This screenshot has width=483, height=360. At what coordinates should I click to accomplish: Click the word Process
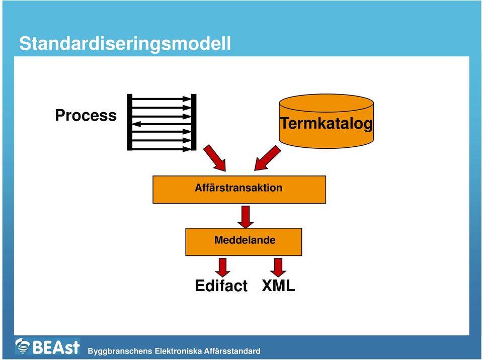[x=86, y=115]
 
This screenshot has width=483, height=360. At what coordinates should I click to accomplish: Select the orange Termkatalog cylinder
[x=326, y=121]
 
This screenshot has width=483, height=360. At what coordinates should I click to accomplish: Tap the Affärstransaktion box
[x=239, y=190]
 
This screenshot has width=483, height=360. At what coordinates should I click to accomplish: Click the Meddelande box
[x=244, y=242]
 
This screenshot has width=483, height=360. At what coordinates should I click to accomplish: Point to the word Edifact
[x=221, y=286]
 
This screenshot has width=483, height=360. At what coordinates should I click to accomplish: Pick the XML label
[x=278, y=286]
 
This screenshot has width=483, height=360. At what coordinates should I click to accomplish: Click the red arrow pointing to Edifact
[x=222, y=267]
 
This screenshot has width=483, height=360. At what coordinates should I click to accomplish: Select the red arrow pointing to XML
[x=278, y=267]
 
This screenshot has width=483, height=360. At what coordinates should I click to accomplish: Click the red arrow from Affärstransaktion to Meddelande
[x=246, y=217]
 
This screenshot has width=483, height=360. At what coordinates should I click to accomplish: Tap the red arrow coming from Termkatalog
[x=267, y=158]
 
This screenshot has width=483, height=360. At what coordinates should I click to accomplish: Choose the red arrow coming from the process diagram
[x=215, y=158]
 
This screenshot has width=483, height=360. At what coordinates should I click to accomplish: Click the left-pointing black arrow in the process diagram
[x=162, y=124]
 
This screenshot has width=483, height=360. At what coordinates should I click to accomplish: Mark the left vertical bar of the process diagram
[x=130, y=122]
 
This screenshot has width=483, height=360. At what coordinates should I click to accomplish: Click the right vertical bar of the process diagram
[x=194, y=122]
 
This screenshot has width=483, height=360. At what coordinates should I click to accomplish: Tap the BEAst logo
[x=47, y=346]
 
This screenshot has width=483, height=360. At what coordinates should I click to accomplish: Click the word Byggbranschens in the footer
[x=120, y=351]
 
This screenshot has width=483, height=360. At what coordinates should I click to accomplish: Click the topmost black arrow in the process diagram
[x=162, y=99]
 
